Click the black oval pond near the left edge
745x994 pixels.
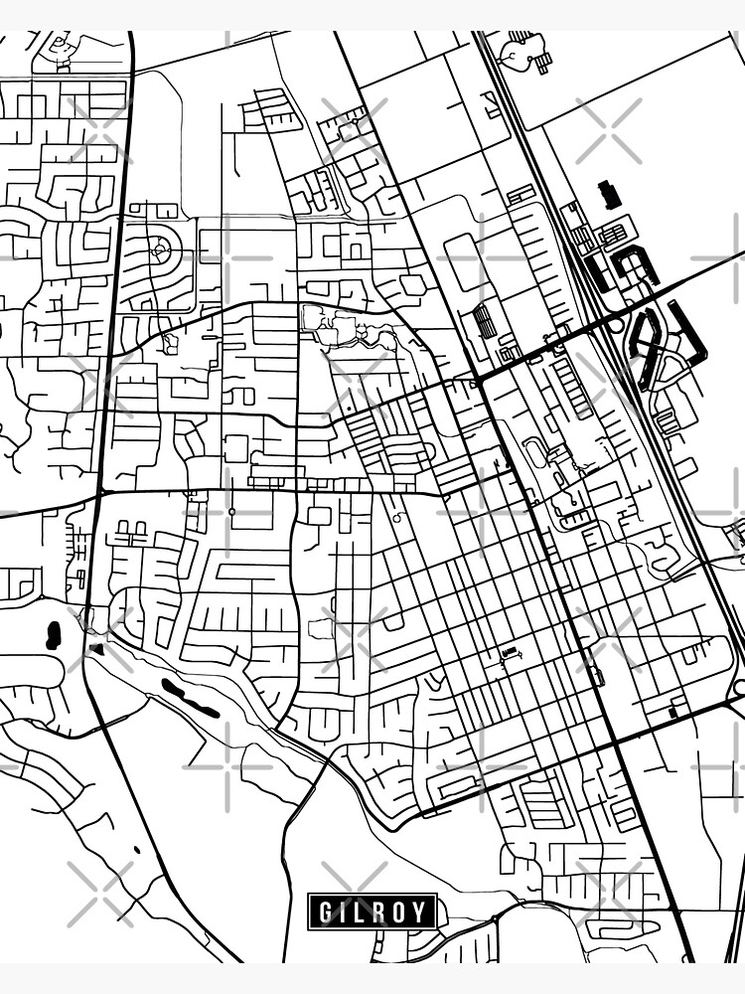pyautogui.click(x=53, y=635)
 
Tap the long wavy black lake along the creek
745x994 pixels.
pyautogui.click(x=190, y=699)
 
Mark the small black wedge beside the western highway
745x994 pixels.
pyautogui.click(x=96, y=649)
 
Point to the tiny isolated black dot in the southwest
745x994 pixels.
pyautogui.click(x=136, y=851)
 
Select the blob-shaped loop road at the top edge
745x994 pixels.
pyautogui.click(x=522, y=52)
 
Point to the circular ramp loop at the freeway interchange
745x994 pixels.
pyautogui.click(x=616, y=324)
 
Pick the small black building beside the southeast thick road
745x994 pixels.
pyautogui.click(x=674, y=710)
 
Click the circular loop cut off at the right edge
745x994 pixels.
pyautogui.click(x=739, y=687)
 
